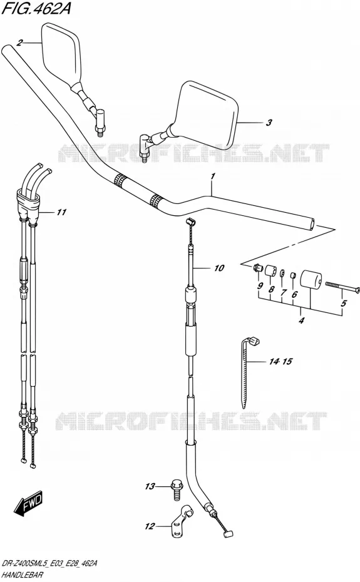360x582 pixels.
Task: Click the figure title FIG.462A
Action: (36, 8)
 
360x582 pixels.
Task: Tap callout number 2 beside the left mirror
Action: (19, 43)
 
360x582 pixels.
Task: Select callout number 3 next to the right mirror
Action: (269, 123)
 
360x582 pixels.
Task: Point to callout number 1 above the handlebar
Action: (212, 178)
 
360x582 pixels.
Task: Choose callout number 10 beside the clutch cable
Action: (219, 268)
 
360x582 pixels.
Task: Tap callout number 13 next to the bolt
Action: (150, 486)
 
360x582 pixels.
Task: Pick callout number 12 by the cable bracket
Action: (150, 526)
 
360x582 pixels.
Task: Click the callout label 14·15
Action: (281, 361)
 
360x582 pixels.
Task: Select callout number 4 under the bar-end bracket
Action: (301, 320)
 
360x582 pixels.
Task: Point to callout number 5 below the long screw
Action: (343, 304)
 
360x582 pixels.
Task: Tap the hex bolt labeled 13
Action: (176, 487)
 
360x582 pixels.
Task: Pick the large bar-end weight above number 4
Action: (311, 281)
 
